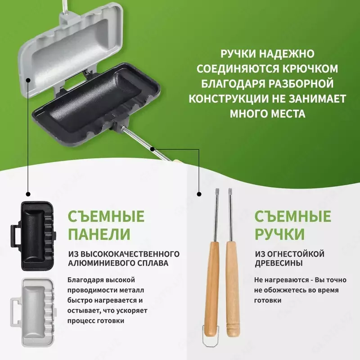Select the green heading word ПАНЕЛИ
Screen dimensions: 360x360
(x=99, y=234)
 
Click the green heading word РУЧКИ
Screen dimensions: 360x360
(x=279, y=234)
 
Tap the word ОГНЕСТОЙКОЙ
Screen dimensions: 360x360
(x=289, y=253)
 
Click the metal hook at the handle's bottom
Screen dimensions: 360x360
(x=209, y=342)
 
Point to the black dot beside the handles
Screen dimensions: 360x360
(x=198, y=194)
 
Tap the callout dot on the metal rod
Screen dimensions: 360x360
(x=153, y=148)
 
